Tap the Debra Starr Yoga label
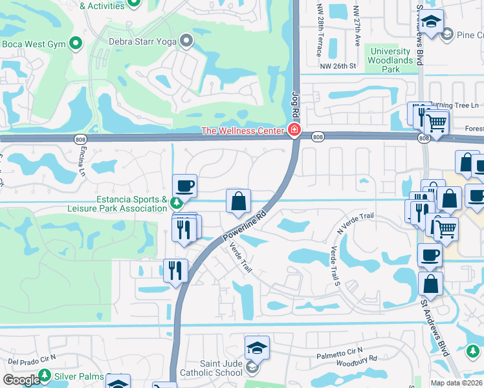(x=148, y=43)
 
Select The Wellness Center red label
(x=243, y=131)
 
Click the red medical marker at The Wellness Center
(x=294, y=131)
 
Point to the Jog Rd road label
(x=295, y=103)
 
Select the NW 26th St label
(x=338, y=66)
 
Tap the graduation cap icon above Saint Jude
(x=257, y=348)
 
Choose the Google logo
(x=21, y=380)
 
